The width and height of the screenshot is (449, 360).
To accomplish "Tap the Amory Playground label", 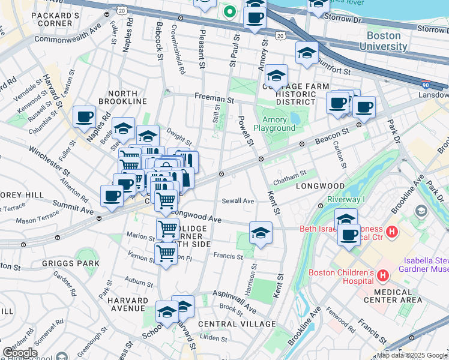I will pyautogui.click(x=274, y=123).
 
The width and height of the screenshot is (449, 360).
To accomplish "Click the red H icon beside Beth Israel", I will pyautogui.click(x=392, y=232).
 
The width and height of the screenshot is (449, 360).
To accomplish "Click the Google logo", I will pyautogui.click(x=20, y=352).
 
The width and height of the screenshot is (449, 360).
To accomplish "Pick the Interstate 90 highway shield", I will pyautogui.click(x=425, y=85).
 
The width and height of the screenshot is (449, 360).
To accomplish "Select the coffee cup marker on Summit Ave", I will pyautogui.click(x=112, y=196).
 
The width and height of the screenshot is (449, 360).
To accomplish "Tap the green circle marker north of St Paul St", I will pyautogui.click(x=229, y=10).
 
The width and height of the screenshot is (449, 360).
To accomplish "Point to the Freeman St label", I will pyautogui.click(x=213, y=97).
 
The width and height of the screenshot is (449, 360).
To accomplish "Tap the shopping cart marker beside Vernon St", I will pyautogui.click(x=166, y=253).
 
